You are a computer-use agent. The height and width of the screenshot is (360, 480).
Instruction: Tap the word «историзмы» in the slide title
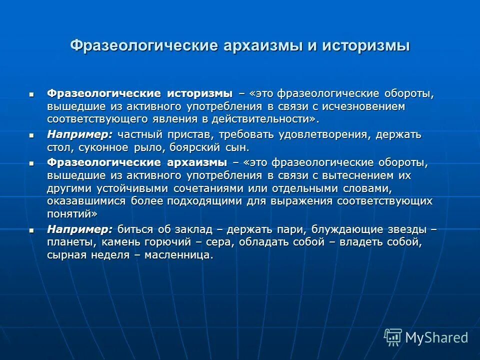point(366,45)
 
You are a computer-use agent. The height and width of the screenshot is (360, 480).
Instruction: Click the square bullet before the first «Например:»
point(32,135)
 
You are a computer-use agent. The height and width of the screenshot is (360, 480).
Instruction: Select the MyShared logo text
point(436,337)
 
